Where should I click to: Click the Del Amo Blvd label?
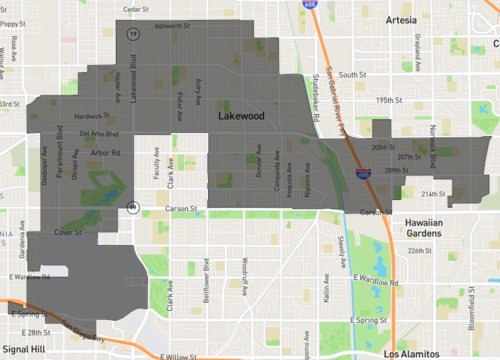click(98, 133)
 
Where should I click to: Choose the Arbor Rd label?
click(104, 153)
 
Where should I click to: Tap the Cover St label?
click(68, 231)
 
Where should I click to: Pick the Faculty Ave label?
click(156, 170)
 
